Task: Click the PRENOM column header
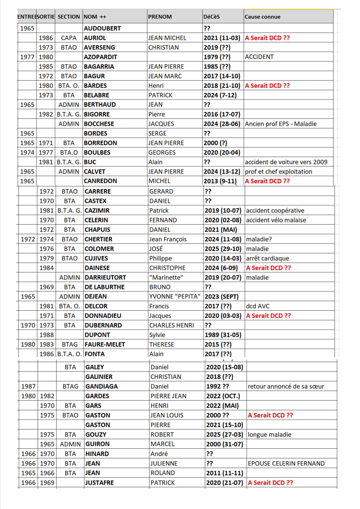click(x=160, y=17)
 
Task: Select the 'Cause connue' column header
click(x=263, y=17)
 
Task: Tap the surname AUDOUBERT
click(x=102, y=28)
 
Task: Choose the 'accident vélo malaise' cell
click(x=276, y=220)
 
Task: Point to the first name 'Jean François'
click(x=168, y=239)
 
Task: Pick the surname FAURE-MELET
click(x=105, y=344)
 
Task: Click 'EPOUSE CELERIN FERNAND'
click(x=286, y=463)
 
